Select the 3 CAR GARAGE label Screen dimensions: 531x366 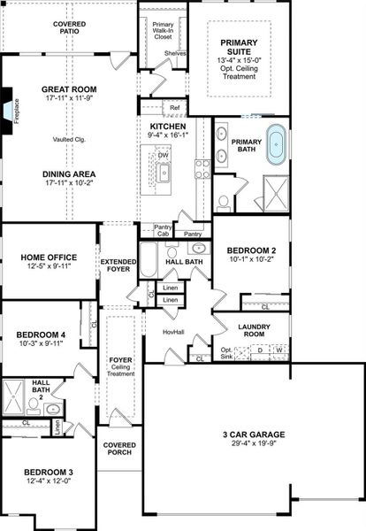coord(253,435)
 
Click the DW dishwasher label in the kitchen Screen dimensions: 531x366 coord(164,155)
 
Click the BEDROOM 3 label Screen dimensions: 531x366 coord(48,471)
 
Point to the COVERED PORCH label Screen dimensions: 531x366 coord(118,448)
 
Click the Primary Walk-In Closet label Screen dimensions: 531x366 coord(163,32)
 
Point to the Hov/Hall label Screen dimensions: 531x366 coord(173,332)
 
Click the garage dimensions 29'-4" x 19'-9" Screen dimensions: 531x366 coord(253,445)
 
